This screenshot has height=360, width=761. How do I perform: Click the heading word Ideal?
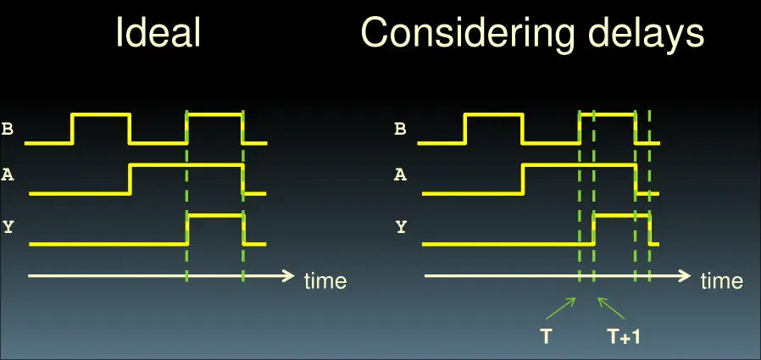point(158,33)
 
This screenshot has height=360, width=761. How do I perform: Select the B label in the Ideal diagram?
point(8,130)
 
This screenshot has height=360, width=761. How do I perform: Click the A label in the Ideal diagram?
point(8,174)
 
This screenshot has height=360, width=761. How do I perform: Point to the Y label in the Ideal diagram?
point(8,226)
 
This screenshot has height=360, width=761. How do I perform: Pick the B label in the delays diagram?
point(400,130)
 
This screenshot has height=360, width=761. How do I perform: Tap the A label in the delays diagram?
point(400,174)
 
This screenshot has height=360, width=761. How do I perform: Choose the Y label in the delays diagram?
point(400,226)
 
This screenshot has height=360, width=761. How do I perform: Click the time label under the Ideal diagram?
point(325,280)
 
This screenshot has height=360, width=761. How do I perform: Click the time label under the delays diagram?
point(722,280)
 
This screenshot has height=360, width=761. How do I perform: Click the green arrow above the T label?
point(561,308)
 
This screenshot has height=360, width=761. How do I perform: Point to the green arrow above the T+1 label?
point(611,308)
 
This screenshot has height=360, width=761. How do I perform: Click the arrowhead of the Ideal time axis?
point(289,276)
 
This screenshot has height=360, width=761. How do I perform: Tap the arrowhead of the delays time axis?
point(685,276)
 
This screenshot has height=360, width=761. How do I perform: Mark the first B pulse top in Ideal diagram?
point(101,114)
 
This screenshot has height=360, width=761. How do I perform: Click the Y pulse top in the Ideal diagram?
point(216,215)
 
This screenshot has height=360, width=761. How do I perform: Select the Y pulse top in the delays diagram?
point(622,215)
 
